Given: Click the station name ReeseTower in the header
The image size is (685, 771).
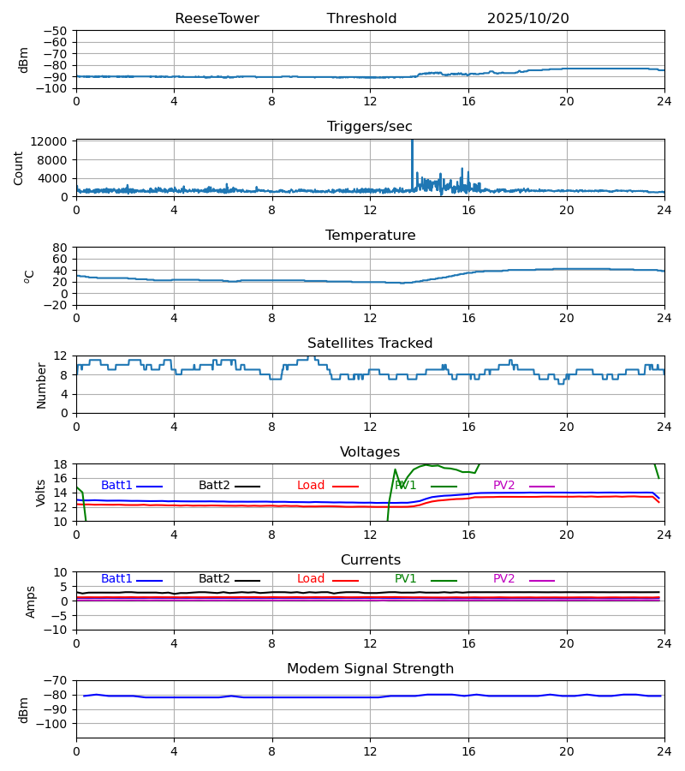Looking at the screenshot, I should pyautogui.click(x=217, y=19).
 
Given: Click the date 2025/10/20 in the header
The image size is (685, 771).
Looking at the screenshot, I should pyautogui.click(x=527, y=19).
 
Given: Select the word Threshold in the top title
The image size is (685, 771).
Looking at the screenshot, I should pyautogui.click(x=361, y=19).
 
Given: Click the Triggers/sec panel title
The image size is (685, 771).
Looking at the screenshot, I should pyautogui.click(x=370, y=127).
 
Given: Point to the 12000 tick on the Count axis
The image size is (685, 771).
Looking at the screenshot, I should pyautogui.click(x=55, y=142).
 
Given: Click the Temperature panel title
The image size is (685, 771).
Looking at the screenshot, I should pyautogui.click(x=370, y=236).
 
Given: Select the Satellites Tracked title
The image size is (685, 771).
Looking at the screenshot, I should pyautogui.click(x=370, y=344).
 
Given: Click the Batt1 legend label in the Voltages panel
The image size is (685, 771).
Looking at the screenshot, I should pyautogui.click(x=116, y=486).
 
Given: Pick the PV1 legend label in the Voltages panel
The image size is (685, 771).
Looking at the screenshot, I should pyautogui.click(x=405, y=486).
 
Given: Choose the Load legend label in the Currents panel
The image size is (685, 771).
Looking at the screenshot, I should pyautogui.click(x=311, y=579).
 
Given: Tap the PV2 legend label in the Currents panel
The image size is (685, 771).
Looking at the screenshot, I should pyautogui.click(x=503, y=579).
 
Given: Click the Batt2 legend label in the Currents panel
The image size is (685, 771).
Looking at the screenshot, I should pyautogui.click(x=214, y=579).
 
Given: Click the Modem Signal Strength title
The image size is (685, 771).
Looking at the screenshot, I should pyautogui.click(x=370, y=669).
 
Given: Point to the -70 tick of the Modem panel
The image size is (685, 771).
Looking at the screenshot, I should pyautogui.click(x=58, y=681).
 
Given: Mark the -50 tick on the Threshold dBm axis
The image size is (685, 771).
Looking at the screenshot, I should pyautogui.click(x=58, y=31).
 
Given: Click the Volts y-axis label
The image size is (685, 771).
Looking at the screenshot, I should pyautogui.click(x=41, y=493).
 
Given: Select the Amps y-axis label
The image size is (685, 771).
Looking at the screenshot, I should pyautogui.click(x=32, y=601).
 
